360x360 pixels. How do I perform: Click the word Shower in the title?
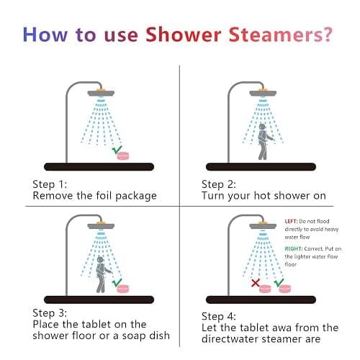[184, 35]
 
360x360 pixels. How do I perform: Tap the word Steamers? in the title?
[281, 35]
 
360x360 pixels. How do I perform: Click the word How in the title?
[45, 35]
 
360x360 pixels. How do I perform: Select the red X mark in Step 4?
[256, 283]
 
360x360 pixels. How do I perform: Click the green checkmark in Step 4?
[279, 282]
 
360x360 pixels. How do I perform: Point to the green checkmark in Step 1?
[117, 150]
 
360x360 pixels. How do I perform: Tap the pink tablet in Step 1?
[123, 156]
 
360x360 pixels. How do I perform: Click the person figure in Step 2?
[264, 142]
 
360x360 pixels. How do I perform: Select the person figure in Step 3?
[102, 274]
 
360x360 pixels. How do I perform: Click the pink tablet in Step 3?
[123, 289]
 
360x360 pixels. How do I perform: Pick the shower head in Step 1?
[101, 93]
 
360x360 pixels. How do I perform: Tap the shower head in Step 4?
[263, 225]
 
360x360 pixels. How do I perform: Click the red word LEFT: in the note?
[291, 221]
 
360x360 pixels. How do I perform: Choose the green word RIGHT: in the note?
[294, 248]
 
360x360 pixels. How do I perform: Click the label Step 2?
[219, 184]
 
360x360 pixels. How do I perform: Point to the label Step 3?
[50, 313]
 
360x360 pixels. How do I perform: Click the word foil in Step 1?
[104, 195]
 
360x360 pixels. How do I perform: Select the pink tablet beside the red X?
[265, 289]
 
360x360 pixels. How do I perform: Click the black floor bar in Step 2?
[261, 167]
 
